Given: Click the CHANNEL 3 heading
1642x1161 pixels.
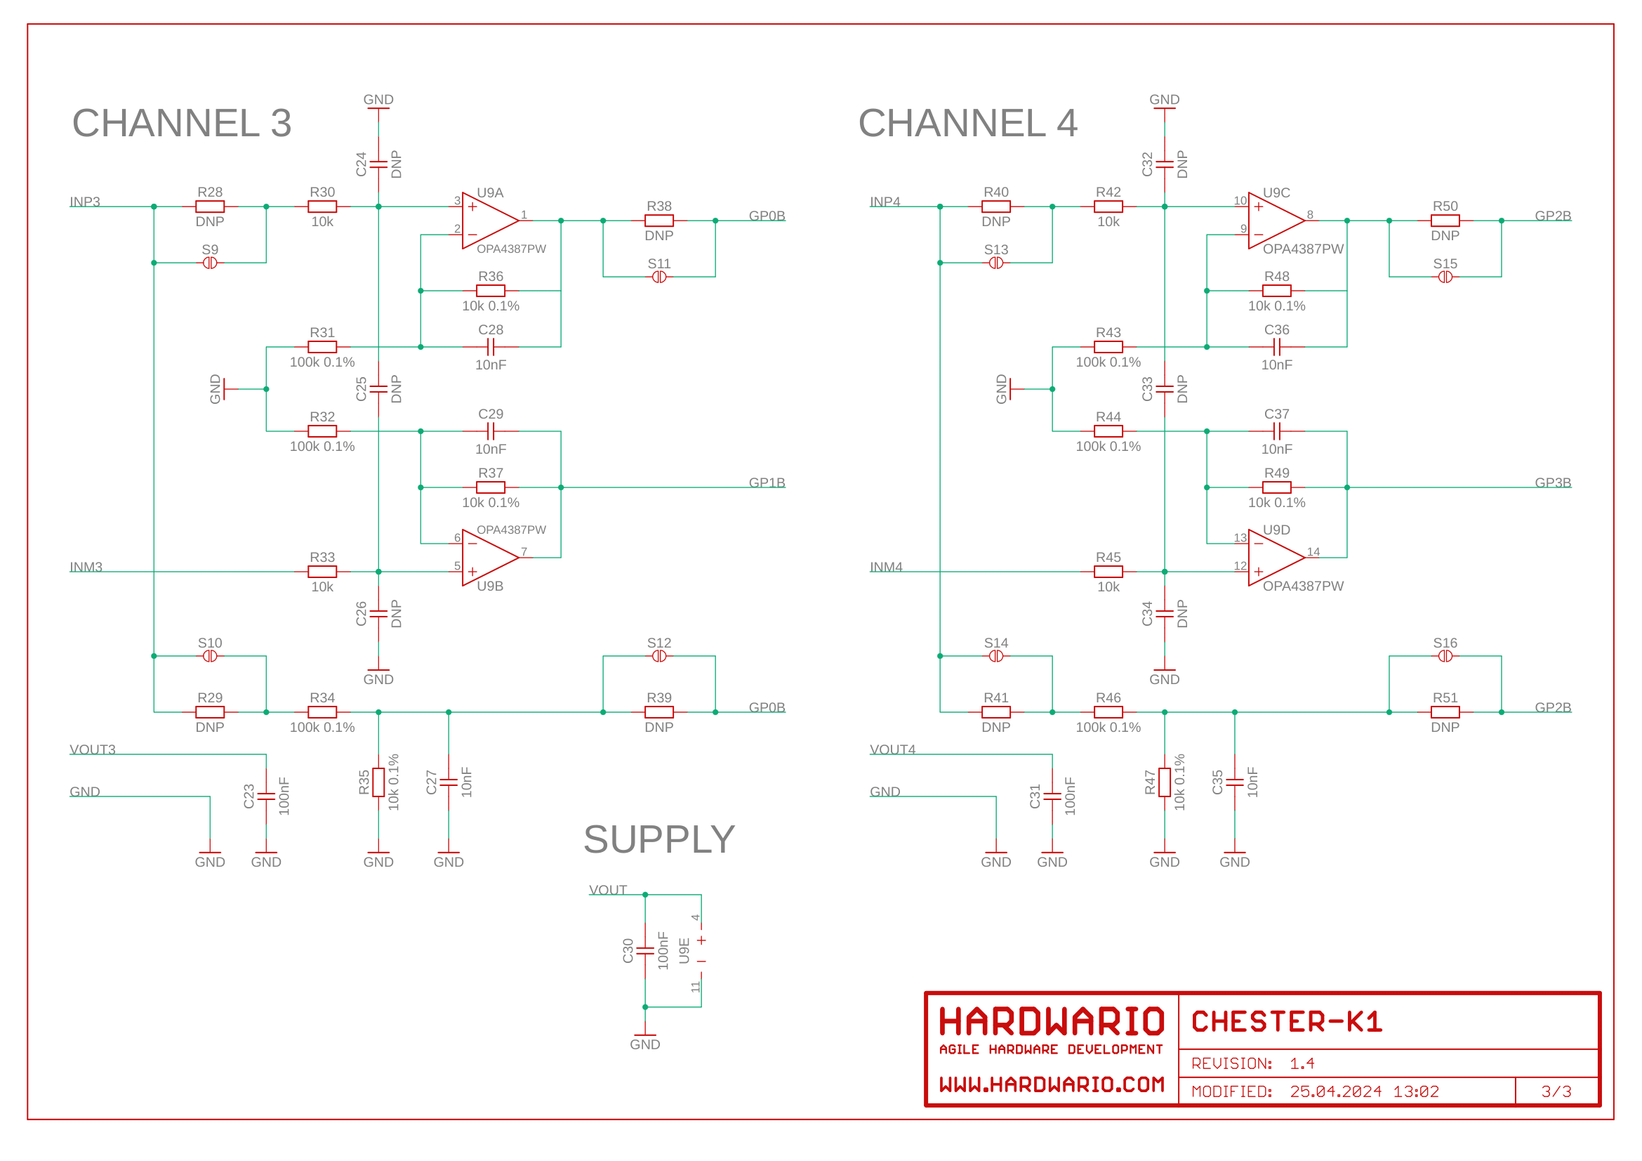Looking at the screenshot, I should tap(182, 123).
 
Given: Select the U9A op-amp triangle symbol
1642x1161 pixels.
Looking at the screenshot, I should tap(489, 221).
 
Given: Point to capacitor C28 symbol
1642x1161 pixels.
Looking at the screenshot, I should tap(491, 347).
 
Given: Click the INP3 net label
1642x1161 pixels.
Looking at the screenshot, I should tap(84, 202).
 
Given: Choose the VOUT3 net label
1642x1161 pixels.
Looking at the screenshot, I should tap(92, 749).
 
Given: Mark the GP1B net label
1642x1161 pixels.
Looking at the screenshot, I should tap(767, 483).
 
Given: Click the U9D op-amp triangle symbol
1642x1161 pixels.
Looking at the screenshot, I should tap(1275, 557).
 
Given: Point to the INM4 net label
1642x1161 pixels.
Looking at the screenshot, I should tap(885, 568).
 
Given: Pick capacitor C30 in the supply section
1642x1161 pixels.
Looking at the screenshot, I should tap(645, 951).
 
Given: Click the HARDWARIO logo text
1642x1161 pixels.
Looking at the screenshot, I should tap(1052, 1022).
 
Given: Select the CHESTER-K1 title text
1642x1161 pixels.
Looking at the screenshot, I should tap(1287, 1022).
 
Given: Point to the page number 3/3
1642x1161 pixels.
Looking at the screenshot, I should tap(1556, 1091).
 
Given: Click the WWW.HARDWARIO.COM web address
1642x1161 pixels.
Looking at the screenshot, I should tap(1052, 1085).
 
